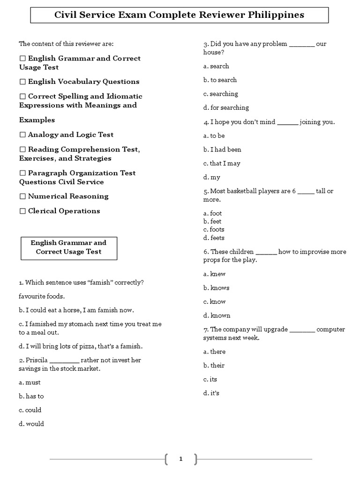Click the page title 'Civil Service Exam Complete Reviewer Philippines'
(180, 15)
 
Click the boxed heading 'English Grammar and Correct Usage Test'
(68, 247)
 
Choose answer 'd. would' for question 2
(31, 424)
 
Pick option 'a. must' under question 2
(30, 382)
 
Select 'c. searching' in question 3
(220, 94)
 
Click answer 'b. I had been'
(222, 150)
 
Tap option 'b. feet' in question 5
(212, 221)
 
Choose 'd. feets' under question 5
(214, 238)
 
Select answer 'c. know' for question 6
(214, 301)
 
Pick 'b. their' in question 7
(214, 365)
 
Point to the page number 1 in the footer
(180, 459)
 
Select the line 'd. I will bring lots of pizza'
(80, 346)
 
